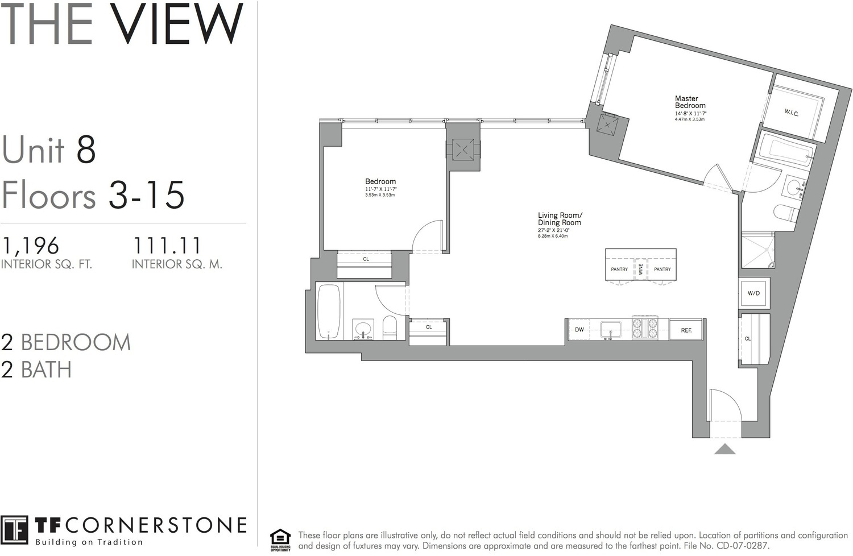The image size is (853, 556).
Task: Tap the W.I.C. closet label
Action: [792, 113]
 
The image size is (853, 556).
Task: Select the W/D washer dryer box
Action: [753, 293]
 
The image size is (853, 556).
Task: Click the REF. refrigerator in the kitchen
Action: [686, 330]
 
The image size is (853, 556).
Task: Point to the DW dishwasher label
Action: [579, 330]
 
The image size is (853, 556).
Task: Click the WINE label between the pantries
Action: [641, 269]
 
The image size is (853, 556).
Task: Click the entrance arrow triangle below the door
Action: [724, 450]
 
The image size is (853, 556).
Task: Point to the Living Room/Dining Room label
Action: [560, 219]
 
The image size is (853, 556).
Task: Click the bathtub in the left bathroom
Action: [329, 311]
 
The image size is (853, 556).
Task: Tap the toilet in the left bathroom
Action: [390, 327]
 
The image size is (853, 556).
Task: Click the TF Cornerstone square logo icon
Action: [14, 531]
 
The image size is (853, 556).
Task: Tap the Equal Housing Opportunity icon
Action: [280, 540]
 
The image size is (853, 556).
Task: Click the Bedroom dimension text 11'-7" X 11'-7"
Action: [380, 189]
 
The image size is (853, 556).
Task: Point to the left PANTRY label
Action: [619, 269]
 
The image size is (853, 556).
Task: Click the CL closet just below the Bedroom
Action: [366, 259]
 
